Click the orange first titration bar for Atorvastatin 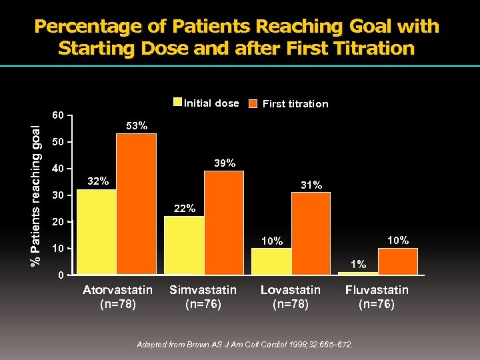tap(136, 204)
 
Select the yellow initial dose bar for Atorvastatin tap(96, 232)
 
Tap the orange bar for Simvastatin tap(223, 223)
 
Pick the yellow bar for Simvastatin tap(183, 245)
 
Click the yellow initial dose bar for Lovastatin tap(271, 261)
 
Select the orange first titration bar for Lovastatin tap(311, 233)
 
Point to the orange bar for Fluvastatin tap(398, 261)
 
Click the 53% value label tap(137, 126)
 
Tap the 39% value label tap(224, 163)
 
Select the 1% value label tap(359, 265)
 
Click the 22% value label tap(185, 209)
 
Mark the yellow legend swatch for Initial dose tap(177, 103)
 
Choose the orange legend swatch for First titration tap(253, 104)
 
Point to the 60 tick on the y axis tap(59, 115)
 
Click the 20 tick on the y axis tap(59, 222)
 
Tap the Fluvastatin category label tap(377, 290)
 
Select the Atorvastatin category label tap(117, 290)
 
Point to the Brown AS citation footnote tap(245, 345)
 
